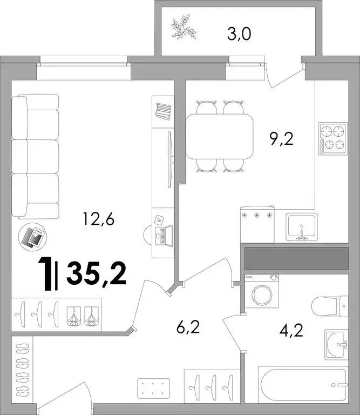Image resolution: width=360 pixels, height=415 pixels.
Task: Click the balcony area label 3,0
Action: pyautogui.click(x=239, y=35)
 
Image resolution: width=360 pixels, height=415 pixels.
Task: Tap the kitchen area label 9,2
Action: pyautogui.click(x=282, y=139)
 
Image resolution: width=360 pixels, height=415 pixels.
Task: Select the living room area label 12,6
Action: pyautogui.click(x=98, y=219)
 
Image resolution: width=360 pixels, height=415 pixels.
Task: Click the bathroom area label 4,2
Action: pyautogui.click(x=291, y=330)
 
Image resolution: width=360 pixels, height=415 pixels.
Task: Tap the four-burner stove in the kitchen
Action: pyautogui.click(x=333, y=139)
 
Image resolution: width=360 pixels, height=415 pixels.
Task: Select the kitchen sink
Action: pyautogui.click(x=302, y=227)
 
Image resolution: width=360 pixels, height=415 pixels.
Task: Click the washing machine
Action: pyautogui.click(x=261, y=291)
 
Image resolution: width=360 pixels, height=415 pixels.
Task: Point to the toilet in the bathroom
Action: pyautogui.click(x=330, y=306)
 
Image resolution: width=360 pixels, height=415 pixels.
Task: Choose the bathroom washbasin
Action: pyautogui.click(x=336, y=345)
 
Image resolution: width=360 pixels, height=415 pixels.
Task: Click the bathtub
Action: pyautogui.click(x=303, y=384)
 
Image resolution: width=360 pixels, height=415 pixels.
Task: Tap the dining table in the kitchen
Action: pyautogui.click(x=219, y=136)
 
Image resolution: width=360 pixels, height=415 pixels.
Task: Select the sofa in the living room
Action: pyautogui.click(x=35, y=156)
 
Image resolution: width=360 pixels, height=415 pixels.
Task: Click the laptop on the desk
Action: pyautogui.click(x=164, y=236)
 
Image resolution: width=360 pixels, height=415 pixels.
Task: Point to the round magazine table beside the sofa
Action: pyautogui.click(x=32, y=237)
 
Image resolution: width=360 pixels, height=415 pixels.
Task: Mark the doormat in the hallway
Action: pyautogui.click(x=154, y=389)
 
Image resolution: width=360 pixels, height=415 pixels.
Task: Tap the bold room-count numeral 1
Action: pyautogui.click(x=45, y=274)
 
